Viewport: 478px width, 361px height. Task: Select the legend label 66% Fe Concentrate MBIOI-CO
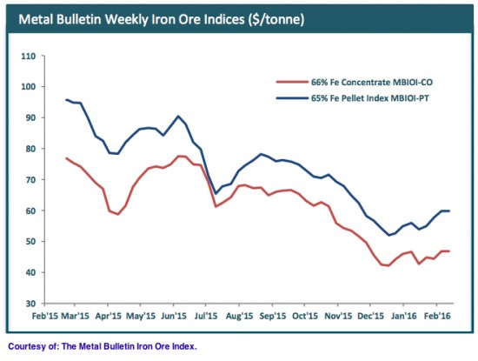pyautogui.click(x=373, y=81)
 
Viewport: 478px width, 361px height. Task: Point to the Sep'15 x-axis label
pyautogui.click(x=275, y=317)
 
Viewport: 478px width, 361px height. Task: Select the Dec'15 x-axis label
pyautogui.click(x=371, y=317)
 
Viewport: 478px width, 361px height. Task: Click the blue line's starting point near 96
pyautogui.click(x=67, y=100)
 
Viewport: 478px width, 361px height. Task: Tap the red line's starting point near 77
pyautogui.click(x=67, y=158)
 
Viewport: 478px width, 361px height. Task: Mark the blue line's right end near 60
pyautogui.click(x=448, y=211)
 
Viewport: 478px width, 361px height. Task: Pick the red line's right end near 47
pyautogui.click(x=448, y=251)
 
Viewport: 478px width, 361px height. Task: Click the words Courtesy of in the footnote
pyautogui.click(x=31, y=346)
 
